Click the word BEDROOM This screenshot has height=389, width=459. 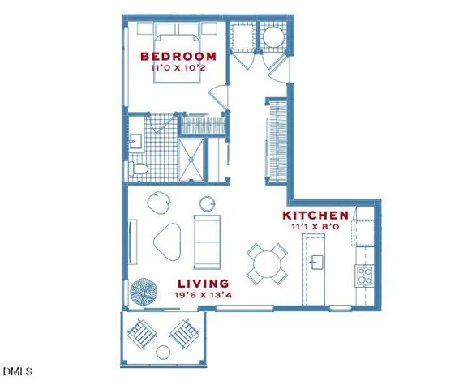(178, 57)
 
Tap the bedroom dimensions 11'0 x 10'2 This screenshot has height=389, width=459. (178, 68)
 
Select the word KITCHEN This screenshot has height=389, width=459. (315, 216)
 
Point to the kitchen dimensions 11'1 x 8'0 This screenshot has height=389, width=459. (315, 227)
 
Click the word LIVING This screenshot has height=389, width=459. (203, 284)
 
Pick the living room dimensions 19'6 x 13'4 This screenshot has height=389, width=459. (203, 295)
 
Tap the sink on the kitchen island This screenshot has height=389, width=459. (317, 262)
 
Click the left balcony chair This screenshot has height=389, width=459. (143, 332)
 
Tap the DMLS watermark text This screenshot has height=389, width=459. (18, 372)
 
